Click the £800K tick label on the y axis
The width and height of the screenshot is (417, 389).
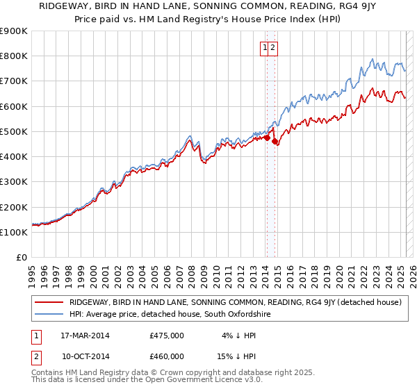tap(14, 56)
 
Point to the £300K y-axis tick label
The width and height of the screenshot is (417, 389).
tap(14, 182)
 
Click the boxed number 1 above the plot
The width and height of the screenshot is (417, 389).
tap(265, 48)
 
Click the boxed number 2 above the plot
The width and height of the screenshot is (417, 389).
tap(273, 48)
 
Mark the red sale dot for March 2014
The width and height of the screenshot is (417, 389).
tap(267, 138)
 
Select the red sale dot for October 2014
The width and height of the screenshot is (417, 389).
tap(275, 142)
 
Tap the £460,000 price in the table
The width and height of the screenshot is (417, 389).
tap(167, 356)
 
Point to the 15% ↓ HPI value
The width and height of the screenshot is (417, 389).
tap(240, 356)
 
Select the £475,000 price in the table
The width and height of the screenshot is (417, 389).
tap(167, 336)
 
